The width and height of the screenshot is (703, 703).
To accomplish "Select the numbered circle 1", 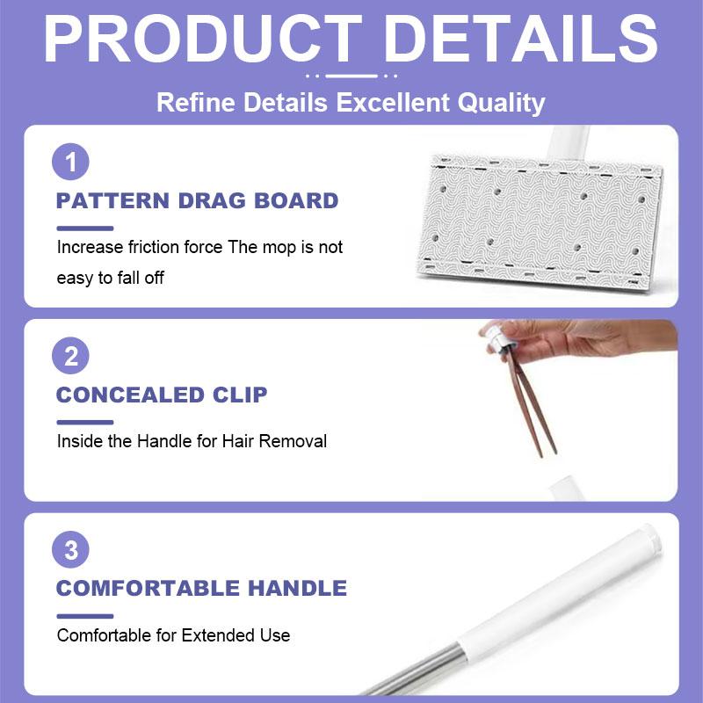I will pyautogui.click(x=71, y=163).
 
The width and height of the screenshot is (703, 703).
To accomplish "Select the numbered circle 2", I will pyautogui.click(x=71, y=356).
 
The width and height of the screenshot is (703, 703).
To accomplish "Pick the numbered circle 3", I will pyautogui.click(x=71, y=551).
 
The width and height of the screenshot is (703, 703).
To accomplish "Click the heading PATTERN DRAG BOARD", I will pyautogui.click(x=197, y=200).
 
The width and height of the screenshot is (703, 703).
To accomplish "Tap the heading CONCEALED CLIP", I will pyautogui.click(x=162, y=395).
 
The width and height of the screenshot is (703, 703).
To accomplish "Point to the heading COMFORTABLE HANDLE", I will pyautogui.click(x=201, y=588).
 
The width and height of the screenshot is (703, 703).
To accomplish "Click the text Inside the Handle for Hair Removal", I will pyautogui.click(x=192, y=441).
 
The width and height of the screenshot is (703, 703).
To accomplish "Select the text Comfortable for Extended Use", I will pyautogui.click(x=173, y=634).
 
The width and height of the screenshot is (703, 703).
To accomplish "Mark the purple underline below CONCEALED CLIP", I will pyautogui.click(x=84, y=422).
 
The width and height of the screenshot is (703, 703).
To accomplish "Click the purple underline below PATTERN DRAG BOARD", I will pyautogui.click(x=84, y=228).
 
